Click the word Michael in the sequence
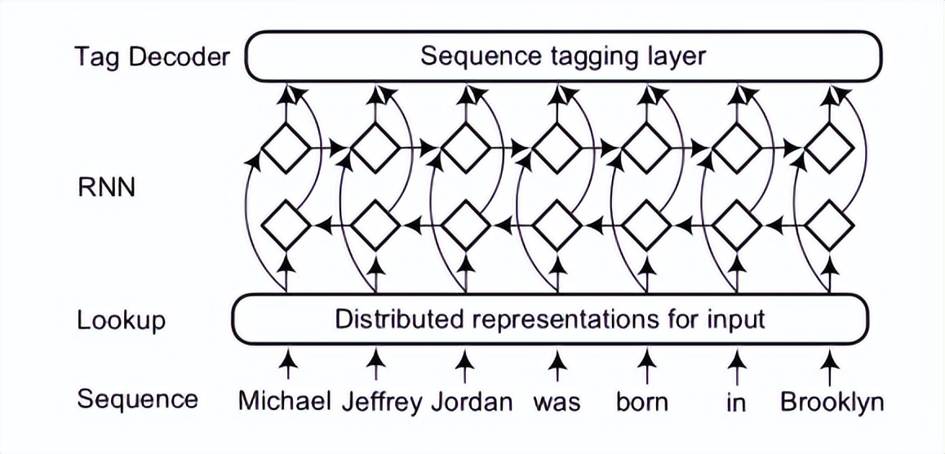285,402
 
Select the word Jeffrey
383,402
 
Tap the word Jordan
472,402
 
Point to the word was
557,402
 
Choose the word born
642,402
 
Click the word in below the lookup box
736,403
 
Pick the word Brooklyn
832,402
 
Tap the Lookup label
121,320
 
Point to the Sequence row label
137,399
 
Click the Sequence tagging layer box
563,56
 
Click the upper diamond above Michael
285,148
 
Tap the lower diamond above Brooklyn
829,222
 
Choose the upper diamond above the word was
557,148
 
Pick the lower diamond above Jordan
466,222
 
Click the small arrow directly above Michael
286,361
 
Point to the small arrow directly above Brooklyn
829,361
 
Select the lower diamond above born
647,222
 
